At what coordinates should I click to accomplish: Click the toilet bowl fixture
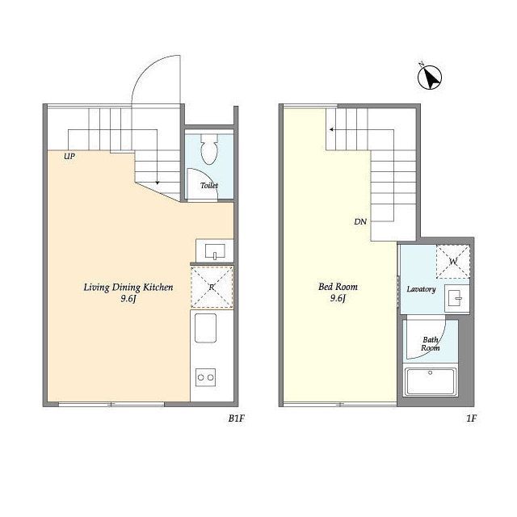click(209, 149)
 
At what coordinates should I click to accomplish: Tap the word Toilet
click(209, 185)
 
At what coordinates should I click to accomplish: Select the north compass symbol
click(429, 78)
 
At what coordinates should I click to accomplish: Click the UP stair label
click(69, 156)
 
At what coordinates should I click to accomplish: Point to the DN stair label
click(360, 221)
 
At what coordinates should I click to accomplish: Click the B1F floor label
click(237, 418)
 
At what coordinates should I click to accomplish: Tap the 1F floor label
click(472, 418)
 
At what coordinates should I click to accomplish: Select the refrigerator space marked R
click(212, 288)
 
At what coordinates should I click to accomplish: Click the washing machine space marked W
click(453, 262)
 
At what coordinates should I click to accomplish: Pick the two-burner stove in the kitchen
click(206, 377)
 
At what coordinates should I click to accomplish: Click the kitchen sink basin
click(206, 328)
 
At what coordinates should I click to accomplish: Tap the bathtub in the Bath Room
click(430, 382)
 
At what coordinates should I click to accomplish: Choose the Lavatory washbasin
click(456, 299)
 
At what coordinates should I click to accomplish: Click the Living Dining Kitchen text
click(128, 288)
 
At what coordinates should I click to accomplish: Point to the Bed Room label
click(338, 287)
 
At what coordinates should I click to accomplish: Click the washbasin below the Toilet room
click(215, 251)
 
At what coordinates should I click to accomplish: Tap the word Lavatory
click(421, 289)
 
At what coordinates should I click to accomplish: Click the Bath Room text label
click(431, 343)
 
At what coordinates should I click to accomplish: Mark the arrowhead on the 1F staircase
click(331, 129)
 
